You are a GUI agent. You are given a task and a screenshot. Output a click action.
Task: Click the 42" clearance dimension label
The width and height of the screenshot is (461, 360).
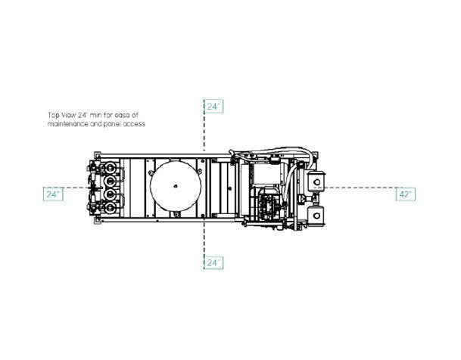[x=406, y=194]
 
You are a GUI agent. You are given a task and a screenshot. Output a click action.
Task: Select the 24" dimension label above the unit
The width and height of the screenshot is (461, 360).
[x=213, y=107]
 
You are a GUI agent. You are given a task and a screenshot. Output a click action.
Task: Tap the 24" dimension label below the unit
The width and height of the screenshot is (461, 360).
[x=213, y=262]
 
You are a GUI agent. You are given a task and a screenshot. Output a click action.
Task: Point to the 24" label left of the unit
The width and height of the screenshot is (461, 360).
[x=53, y=194]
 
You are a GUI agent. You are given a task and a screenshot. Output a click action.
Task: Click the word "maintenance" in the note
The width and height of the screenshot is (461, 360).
[x=67, y=124]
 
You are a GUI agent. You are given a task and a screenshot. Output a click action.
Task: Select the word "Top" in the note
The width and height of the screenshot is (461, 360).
[x=54, y=115]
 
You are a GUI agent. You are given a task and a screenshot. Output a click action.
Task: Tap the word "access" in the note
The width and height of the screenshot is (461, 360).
[x=134, y=124]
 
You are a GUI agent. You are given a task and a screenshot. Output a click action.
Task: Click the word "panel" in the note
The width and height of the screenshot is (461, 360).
[x=112, y=124]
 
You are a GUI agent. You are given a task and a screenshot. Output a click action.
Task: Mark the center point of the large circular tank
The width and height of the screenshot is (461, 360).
[x=176, y=185]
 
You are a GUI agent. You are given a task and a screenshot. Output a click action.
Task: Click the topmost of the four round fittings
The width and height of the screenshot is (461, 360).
[x=110, y=168]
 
